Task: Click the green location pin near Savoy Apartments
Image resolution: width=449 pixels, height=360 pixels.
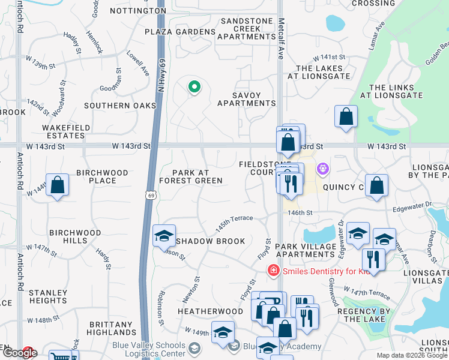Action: [194, 88]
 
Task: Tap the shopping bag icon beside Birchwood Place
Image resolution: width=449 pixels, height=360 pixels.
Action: [58, 185]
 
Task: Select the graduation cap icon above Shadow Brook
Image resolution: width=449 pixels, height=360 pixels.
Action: [163, 236]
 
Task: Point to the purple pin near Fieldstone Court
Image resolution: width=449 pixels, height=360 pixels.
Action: [323, 169]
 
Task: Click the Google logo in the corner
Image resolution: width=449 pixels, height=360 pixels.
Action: [19, 353]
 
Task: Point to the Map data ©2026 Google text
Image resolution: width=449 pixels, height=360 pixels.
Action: [412, 355]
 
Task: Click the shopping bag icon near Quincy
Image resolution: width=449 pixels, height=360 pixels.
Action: [376, 186]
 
